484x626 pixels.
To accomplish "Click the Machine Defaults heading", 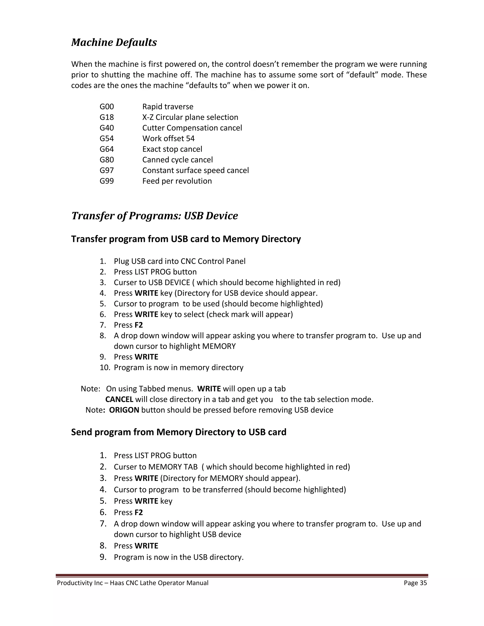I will pyautogui.click(x=114, y=43).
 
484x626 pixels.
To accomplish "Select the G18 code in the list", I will pyautogui.click(x=107, y=117).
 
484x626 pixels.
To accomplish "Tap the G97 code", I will pyautogui.click(x=107, y=170).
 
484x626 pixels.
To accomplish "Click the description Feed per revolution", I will pyautogui.click(x=177, y=181).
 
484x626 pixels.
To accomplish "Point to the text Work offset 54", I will pyautogui.click(x=168, y=138).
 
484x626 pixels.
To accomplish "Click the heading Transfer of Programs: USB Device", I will pyautogui.click(x=155, y=216).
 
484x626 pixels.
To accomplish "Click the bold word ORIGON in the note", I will pyautogui.click(x=124, y=410).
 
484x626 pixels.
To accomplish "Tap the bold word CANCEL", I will pyautogui.click(x=119, y=399).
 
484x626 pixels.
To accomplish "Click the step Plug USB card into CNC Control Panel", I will pyautogui.click(x=180, y=261).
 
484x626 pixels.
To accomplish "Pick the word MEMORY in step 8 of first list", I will pyautogui.click(x=219, y=346).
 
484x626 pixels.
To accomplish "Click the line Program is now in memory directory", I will pyautogui.click(x=178, y=368).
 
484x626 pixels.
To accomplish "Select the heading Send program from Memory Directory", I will pyautogui.click(x=179, y=432).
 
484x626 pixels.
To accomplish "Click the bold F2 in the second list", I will pyautogui.click(x=138, y=512).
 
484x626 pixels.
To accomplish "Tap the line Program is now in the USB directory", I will pyautogui.click(x=178, y=557).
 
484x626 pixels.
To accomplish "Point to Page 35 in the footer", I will pyautogui.click(x=415, y=583).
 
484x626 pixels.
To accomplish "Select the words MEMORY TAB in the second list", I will pyautogui.click(x=173, y=467).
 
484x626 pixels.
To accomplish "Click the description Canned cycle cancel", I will pyautogui.click(x=177, y=160).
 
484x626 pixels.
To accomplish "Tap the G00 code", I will pyautogui.click(x=107, y=107).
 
